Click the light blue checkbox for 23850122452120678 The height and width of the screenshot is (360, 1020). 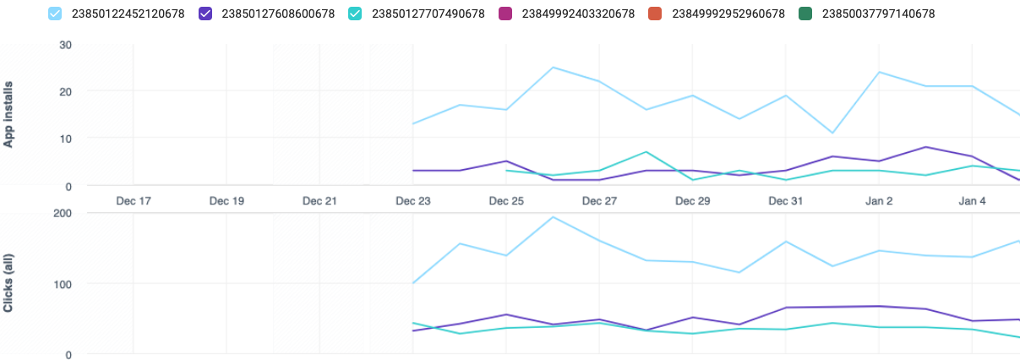55,14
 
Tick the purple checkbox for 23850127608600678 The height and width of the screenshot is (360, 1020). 205,14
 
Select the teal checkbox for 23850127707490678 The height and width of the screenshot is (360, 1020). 356,14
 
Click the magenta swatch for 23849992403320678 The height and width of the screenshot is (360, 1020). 506,14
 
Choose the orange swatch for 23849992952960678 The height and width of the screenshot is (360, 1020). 656,14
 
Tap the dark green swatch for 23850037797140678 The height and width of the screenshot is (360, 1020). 805,14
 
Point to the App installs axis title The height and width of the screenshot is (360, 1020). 9,111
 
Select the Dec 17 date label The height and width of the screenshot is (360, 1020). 133,201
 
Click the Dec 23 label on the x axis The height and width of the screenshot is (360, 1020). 412,201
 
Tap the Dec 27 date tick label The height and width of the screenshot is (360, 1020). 599,201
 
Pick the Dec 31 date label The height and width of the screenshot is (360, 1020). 785,201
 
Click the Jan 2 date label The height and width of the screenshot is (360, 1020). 879,201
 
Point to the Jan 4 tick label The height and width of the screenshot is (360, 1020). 972,201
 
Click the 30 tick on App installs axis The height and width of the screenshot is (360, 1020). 65,44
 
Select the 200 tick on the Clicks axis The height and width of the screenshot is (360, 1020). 63,212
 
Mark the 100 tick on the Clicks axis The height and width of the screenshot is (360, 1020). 63,283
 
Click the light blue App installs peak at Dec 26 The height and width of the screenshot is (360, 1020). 553,68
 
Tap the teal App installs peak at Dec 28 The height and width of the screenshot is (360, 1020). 646,152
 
